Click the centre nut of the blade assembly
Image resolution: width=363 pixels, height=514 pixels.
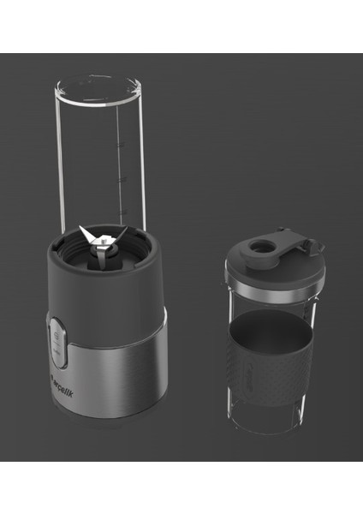click(100, 242)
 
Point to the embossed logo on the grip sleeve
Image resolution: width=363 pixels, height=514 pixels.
click(303, 360)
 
